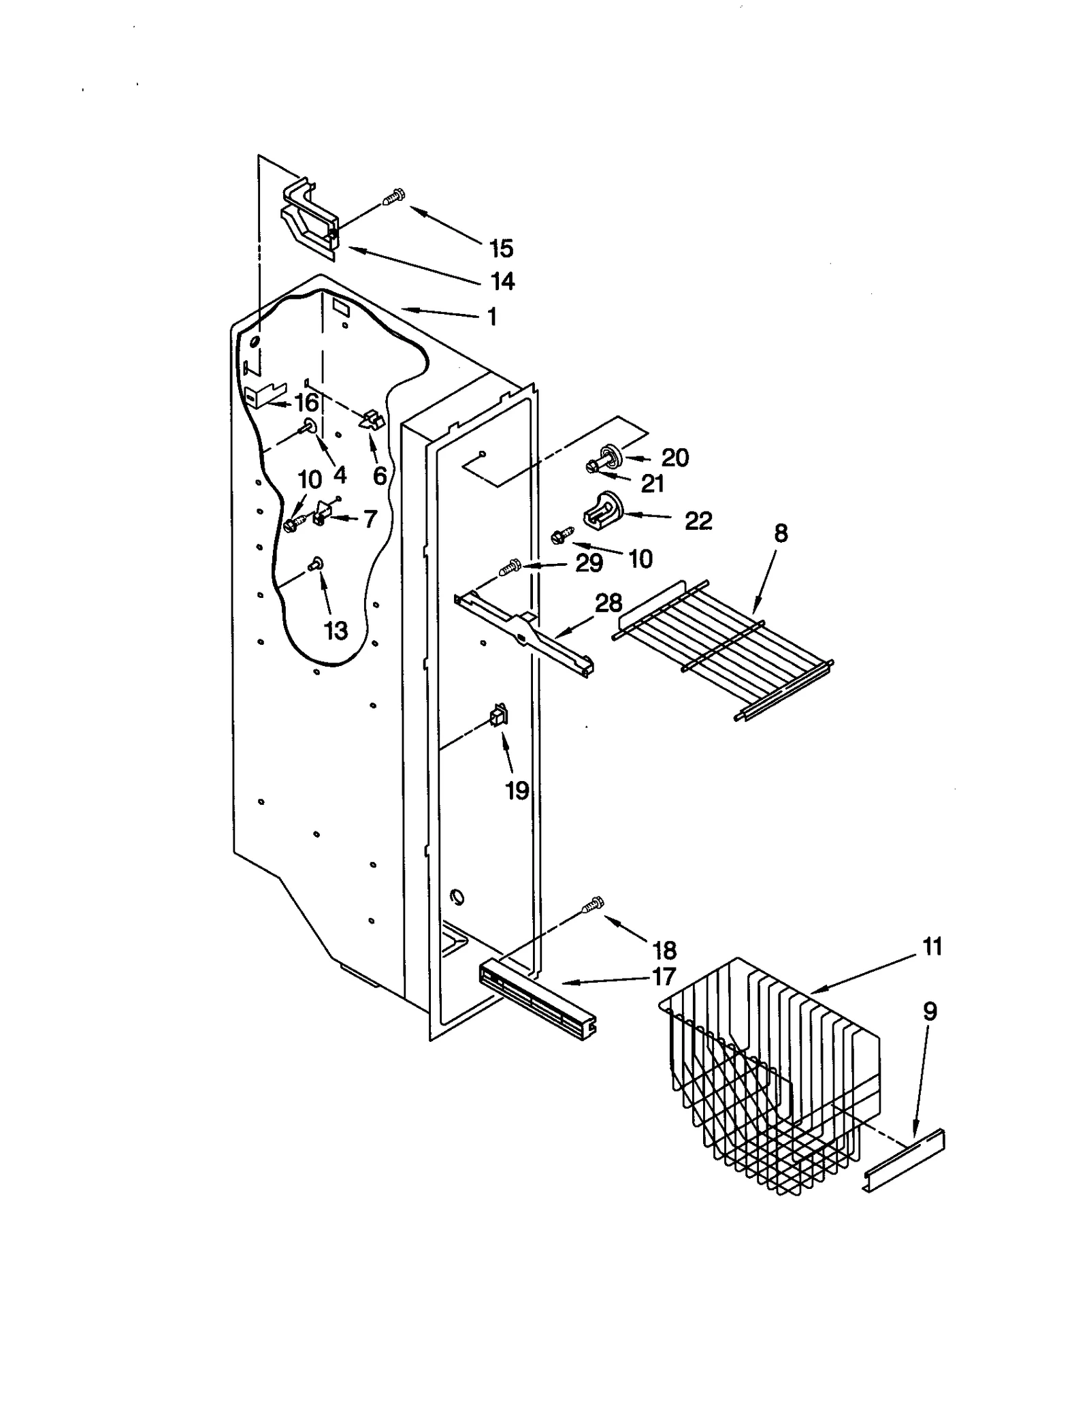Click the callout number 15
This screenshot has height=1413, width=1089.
click(501, 249)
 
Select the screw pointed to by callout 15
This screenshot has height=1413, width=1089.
click(394, 197)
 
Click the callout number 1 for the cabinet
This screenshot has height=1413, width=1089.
click(492, 317)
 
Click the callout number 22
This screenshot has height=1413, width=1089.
click(698, 521)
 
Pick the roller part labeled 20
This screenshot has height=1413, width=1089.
click(611, 454)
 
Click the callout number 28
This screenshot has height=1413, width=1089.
click(608, 603)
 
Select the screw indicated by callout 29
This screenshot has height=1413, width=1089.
click(510, 567)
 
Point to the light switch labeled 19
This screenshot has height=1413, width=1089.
click(499, 716)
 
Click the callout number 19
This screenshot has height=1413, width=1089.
click(517, 791)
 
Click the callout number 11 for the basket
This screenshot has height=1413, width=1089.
click(932, 947)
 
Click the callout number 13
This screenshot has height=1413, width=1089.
click(336, 631)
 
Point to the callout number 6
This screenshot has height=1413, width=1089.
click(380, 475)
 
